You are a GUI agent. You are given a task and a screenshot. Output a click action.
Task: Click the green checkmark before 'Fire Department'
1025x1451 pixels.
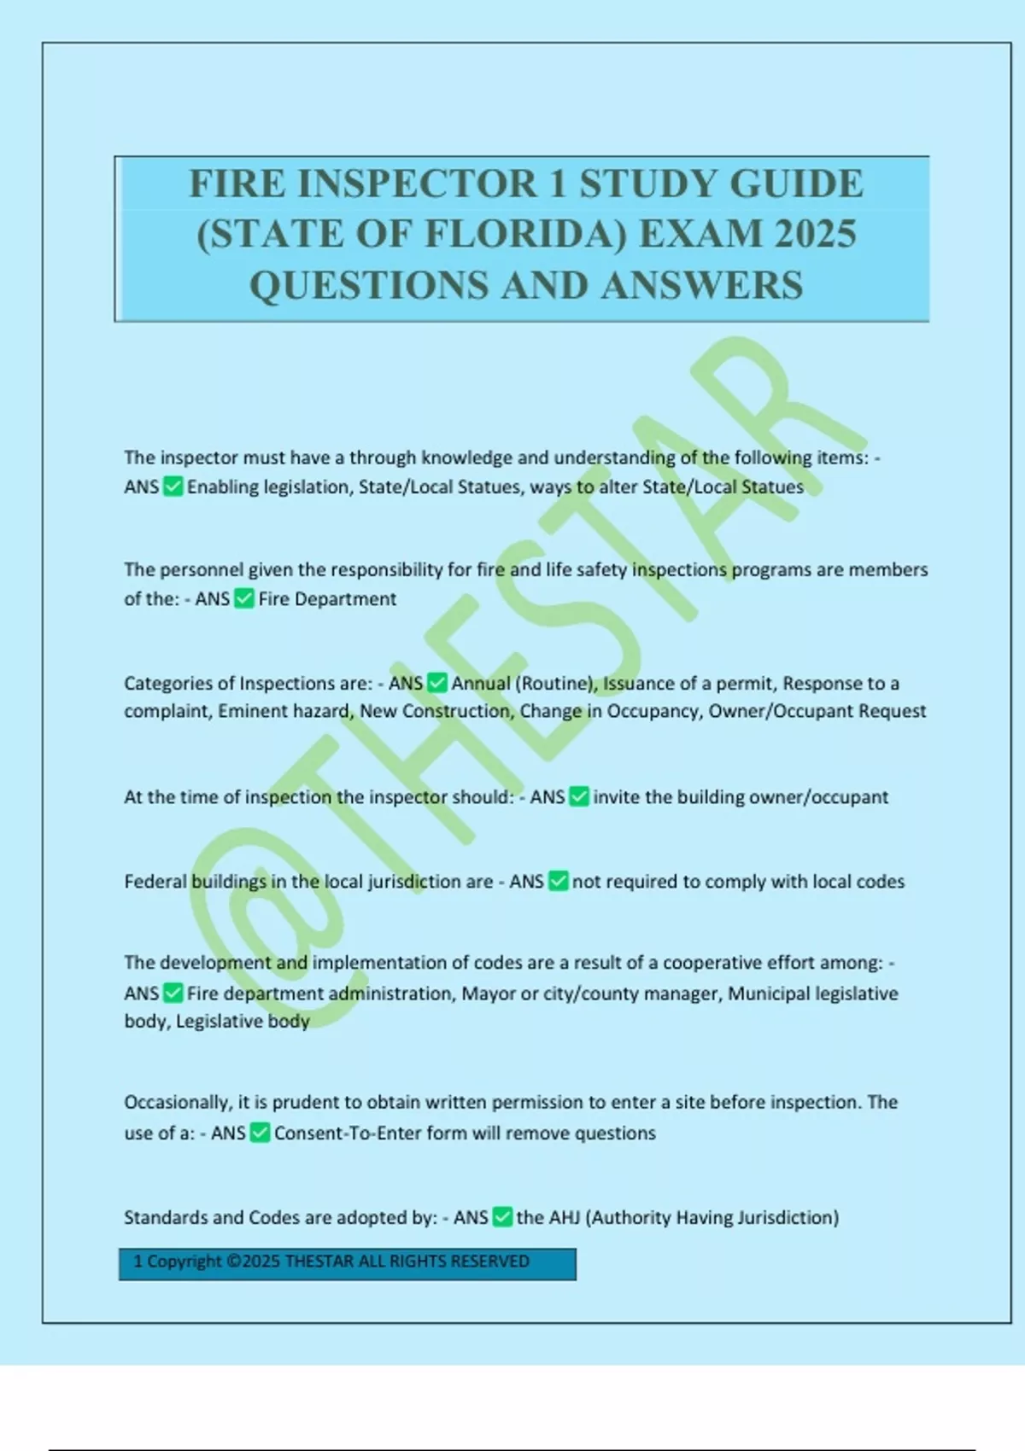(244, 598)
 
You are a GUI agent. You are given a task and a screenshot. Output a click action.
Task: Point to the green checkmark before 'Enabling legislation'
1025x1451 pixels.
(173, 487)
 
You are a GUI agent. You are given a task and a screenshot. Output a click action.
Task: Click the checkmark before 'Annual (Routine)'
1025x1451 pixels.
(437, 683)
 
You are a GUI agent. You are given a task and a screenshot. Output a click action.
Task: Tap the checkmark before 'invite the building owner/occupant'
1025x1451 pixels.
(579, 796)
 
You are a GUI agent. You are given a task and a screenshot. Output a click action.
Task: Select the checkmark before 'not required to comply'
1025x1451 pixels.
(558, 881)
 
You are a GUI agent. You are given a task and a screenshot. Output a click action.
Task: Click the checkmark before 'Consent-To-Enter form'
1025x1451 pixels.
(260, 1133)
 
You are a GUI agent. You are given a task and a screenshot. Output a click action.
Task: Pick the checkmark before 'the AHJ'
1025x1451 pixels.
(502, 1217)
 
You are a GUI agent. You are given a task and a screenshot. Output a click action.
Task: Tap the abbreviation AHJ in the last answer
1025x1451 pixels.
(564, 1217)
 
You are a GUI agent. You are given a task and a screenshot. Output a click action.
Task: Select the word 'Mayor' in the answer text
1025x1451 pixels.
(489, 993)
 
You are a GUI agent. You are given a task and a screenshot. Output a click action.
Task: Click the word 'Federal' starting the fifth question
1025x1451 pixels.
(155, 881)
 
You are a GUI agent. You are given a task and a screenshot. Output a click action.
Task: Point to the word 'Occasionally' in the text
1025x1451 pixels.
(177, 1102)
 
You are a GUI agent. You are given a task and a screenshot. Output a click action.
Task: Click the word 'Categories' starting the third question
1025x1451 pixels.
(167, 683)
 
